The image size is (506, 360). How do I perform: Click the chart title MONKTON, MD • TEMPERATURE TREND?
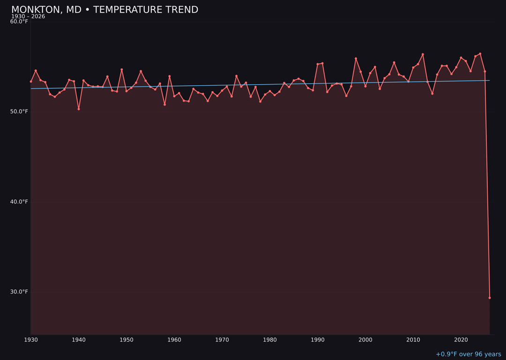[104, 10]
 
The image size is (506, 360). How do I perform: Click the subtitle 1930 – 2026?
[28, 17]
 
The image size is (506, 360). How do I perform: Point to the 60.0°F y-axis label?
[19, 22]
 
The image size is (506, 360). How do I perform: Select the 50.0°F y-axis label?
[19, 112]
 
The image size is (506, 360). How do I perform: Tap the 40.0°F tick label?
[19, 202]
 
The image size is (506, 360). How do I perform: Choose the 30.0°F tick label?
[19, 292]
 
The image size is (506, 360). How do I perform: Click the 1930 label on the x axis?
[31, 340]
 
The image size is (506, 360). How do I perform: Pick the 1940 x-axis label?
[79, 340]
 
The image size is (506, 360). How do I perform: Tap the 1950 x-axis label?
[126, 340]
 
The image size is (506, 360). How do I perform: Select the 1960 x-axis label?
[174, 340]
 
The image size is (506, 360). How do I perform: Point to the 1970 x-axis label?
[222, 340]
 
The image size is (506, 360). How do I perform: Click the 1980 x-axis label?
[270, 340]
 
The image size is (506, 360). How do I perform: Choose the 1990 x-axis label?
[318, 340]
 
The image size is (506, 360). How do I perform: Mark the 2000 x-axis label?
[365, 340]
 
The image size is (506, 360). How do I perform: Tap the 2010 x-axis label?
[413, 340]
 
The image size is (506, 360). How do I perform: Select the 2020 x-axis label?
[461, 340]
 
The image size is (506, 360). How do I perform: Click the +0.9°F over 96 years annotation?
[468, 354]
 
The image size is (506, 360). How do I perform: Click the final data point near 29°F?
[490, 298]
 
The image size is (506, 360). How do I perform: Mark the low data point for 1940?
[79, 109]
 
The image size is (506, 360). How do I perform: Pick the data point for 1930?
[31, 82]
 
